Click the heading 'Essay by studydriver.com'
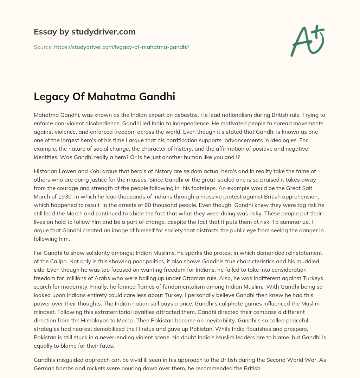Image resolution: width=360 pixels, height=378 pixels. point(84,32)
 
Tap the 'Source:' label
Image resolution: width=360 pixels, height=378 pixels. point(43,47)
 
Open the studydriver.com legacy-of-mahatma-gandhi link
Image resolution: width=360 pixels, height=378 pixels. point(122,47)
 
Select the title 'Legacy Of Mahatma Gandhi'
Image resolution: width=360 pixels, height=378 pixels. point(104,97)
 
